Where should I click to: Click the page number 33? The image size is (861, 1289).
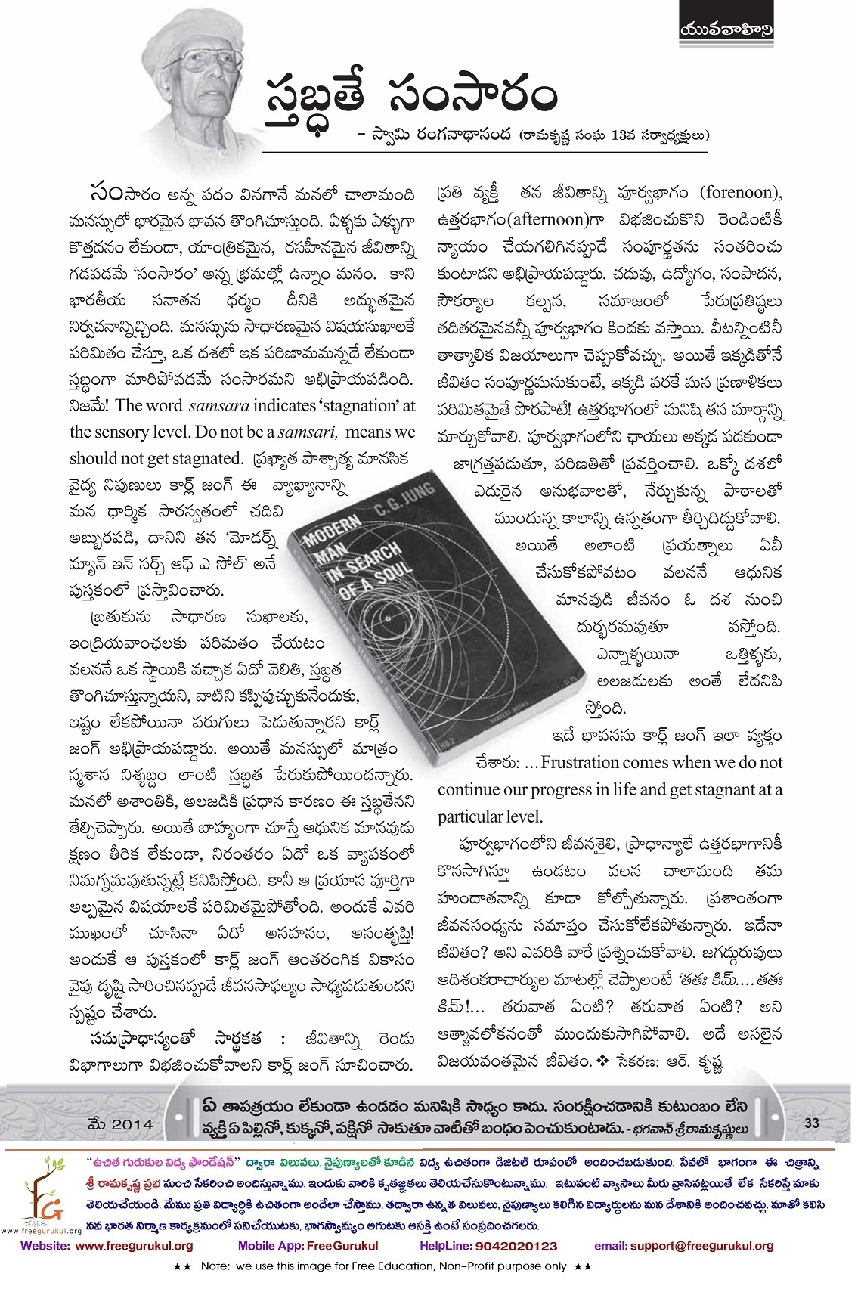tap(812, 1123)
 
